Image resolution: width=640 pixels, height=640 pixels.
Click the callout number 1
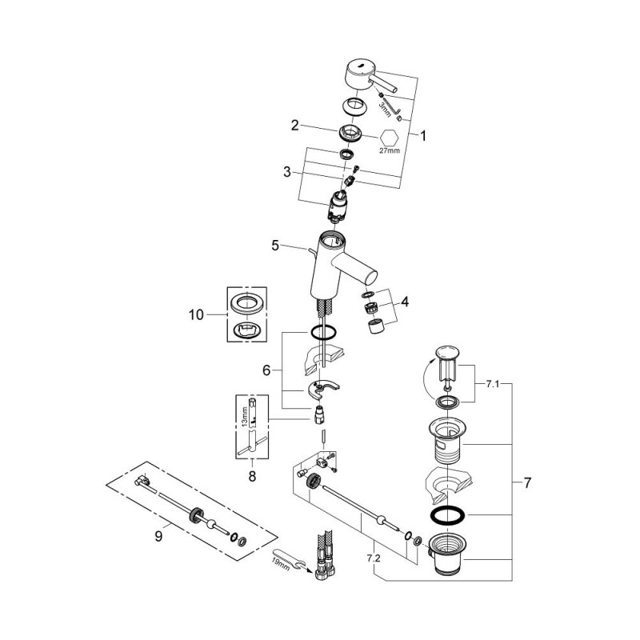(423, 136)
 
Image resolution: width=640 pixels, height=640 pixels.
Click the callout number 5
(275, 246)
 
